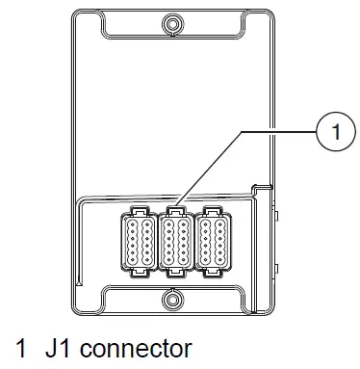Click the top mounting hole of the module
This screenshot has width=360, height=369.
pos(172,22)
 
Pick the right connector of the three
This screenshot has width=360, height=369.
pos(211,241)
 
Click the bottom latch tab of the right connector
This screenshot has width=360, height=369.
pos(211,273)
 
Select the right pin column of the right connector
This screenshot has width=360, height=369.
pos(218,241)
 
